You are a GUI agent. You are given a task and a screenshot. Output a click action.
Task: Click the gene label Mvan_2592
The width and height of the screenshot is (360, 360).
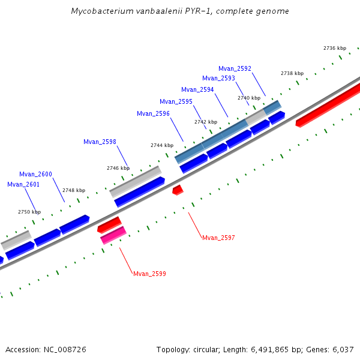point(235,69)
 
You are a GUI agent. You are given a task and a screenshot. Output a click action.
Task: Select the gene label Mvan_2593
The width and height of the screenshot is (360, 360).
point(218,78)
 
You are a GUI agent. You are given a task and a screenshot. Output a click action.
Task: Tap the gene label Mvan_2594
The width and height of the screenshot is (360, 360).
point(197,89)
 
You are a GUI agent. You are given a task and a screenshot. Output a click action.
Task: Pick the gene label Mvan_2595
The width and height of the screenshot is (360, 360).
point(176,101)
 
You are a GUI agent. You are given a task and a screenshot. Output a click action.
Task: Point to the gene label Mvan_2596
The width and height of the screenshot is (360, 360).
point(153,113)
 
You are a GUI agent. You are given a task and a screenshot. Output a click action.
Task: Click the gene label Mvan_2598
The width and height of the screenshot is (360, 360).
point(100,142)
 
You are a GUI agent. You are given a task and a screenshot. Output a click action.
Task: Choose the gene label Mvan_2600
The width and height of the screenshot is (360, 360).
point(35,174)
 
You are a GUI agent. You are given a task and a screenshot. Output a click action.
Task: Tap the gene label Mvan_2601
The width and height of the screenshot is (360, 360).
point(23,184)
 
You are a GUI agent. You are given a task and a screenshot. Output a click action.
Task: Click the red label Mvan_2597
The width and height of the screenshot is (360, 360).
point(218,238)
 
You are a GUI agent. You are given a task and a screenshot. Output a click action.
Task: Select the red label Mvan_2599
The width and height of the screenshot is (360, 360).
point(149,274)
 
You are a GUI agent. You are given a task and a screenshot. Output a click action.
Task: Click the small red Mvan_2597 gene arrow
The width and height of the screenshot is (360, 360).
point(178,190)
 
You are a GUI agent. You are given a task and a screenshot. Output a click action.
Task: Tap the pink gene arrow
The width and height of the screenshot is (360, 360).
point(113,235)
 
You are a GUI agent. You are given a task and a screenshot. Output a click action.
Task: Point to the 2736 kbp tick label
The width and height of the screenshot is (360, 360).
point(335,48)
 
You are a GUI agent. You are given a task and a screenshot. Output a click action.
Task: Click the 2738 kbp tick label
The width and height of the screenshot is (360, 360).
point(292,73)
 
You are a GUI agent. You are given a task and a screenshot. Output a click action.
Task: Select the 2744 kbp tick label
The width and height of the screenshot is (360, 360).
point(162,145)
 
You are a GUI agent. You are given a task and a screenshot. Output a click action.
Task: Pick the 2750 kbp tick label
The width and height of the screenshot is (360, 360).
point(29,212)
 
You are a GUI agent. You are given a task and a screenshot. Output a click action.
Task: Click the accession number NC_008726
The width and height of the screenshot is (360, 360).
point(63,349)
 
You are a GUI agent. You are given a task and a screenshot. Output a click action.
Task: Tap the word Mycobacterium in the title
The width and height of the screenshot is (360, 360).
point(100,11)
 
